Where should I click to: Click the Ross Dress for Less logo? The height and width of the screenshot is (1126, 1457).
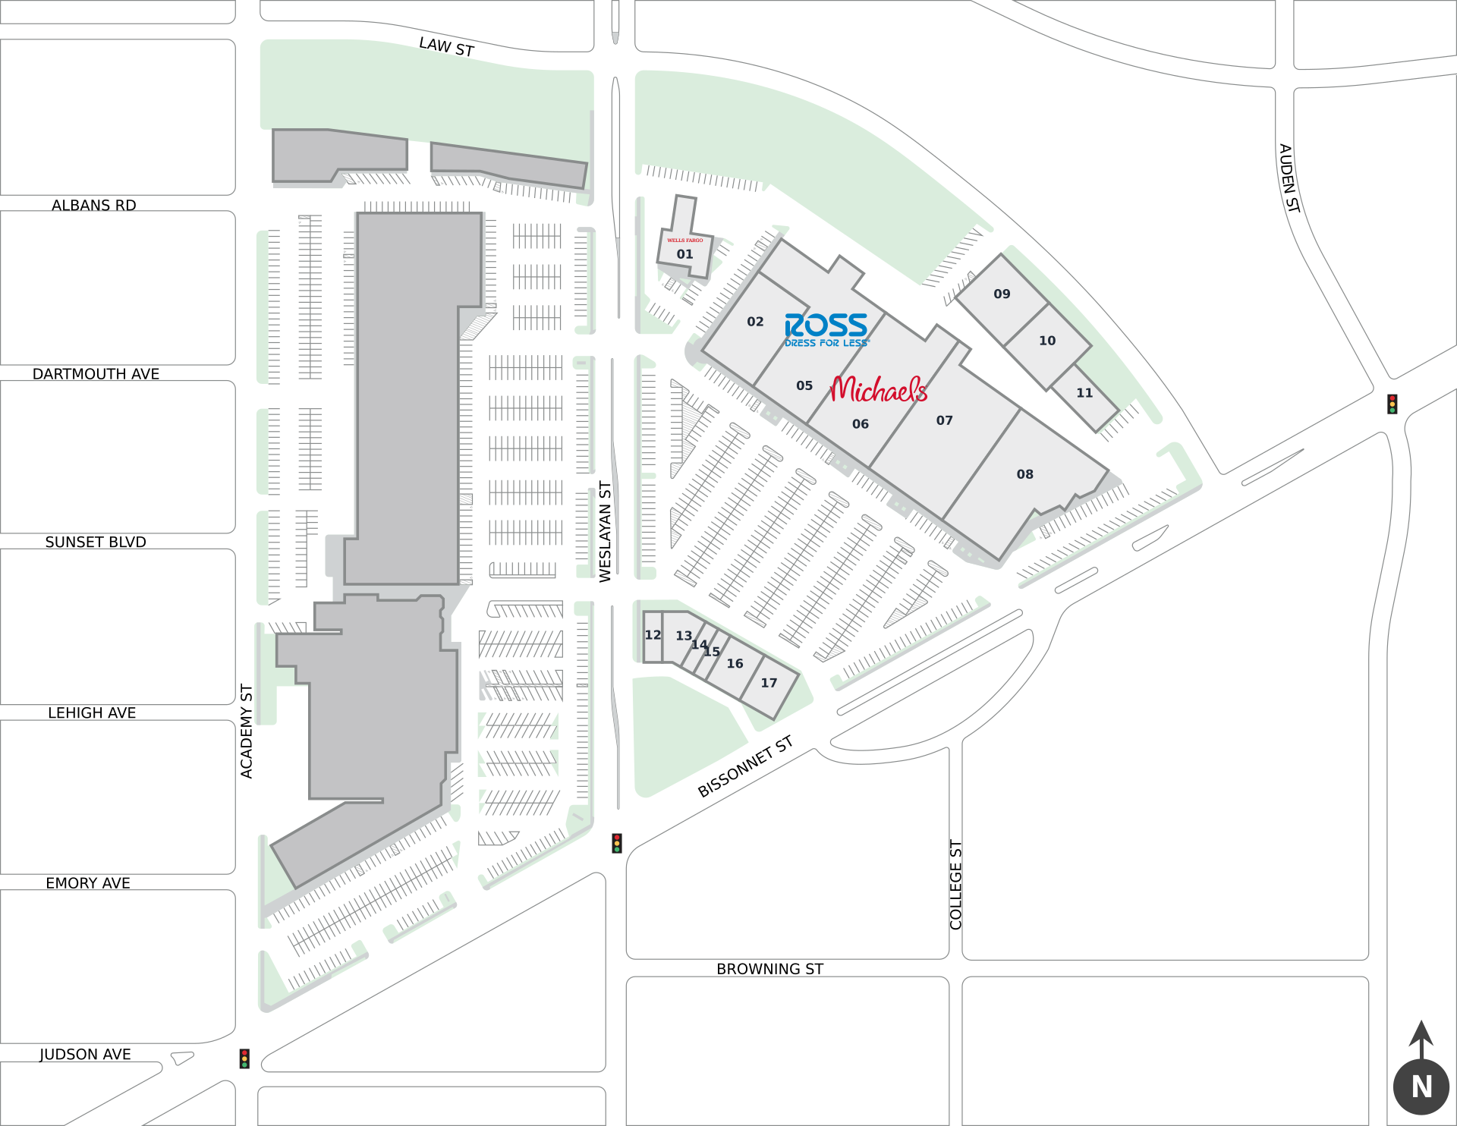click(x=826, y=329)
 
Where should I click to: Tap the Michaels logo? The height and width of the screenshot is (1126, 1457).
click(x=879, y=390)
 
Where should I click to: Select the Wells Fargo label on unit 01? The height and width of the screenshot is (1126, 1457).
click(x=684, y=241)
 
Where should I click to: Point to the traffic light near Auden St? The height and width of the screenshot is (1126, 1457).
click(x=1392, y=404)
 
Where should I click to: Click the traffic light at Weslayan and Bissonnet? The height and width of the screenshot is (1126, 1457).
click(x=617, y=843)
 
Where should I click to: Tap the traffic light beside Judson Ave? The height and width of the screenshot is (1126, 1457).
click(x=244, y=1058)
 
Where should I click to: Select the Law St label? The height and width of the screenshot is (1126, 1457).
click(x=447, y=48)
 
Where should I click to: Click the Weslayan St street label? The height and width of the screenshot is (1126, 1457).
click(x=606, y=531)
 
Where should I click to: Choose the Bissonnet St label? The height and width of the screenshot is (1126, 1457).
click(x=745, y=766)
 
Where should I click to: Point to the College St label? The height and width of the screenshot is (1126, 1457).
click(x=956, y=884)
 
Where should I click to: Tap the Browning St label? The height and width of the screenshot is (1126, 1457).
click(x=769, y=969)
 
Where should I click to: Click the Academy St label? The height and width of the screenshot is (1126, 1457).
click(x=247, y=731)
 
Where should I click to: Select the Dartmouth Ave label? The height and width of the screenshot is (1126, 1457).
click(x=96, y=374)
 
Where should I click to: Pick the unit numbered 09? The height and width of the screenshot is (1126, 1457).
click(x=1002, y=294)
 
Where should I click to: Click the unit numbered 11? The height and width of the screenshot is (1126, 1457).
click(x=1084, y=393)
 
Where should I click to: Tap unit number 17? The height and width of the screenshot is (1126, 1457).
click(x=769, y=684)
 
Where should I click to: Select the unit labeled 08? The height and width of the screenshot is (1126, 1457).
click(x=1024, y=475)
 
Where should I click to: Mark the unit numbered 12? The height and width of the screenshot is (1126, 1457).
click(x=653, y=636)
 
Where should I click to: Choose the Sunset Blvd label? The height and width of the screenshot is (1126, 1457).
click(x=96, y=543)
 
